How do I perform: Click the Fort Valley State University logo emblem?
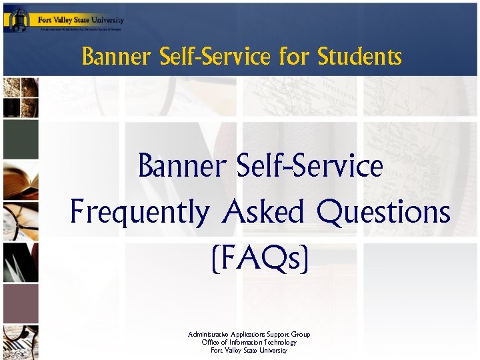pos(18,19)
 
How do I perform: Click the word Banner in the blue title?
pos(181,167)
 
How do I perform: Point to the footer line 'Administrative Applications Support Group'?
pos(249,334)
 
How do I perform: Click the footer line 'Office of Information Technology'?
pos(249,342)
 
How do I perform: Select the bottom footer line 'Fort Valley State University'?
pos(249,350)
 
